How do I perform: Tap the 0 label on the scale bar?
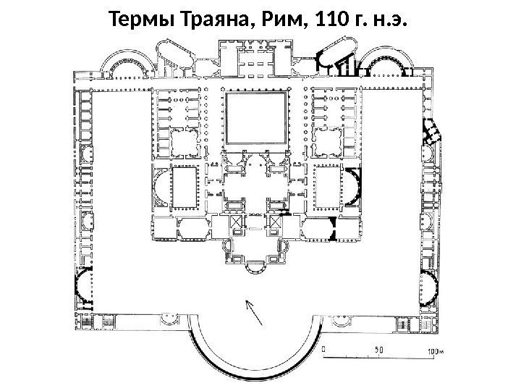323,348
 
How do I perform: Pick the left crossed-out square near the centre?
237,222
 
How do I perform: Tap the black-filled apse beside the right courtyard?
353,185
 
